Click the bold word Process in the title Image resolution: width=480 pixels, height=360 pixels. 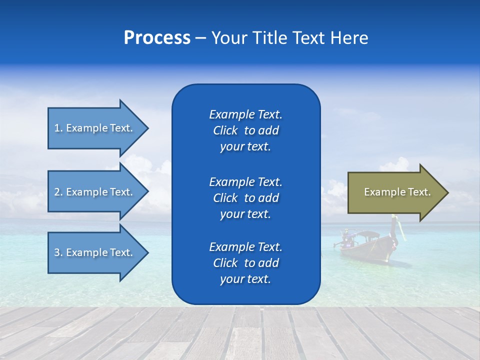coord(157,38)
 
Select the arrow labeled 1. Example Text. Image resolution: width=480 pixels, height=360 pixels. coord(95,128)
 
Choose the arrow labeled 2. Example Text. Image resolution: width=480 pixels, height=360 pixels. coord(95,192)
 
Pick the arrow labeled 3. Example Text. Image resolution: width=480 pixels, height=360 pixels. coord(95,252)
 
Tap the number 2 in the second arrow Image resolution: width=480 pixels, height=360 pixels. coord(57,192)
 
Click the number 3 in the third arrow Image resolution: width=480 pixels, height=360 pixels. coord(57,252)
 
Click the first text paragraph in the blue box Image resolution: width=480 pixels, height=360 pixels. coord(245,130)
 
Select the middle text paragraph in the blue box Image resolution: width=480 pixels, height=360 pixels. coord(245,198)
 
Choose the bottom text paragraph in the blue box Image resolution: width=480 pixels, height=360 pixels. coord(245,263)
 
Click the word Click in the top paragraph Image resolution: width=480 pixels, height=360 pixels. coord(225,130)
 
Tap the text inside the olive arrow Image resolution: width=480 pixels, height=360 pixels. coord(397,192)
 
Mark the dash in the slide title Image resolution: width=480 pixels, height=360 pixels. coord(200,38)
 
